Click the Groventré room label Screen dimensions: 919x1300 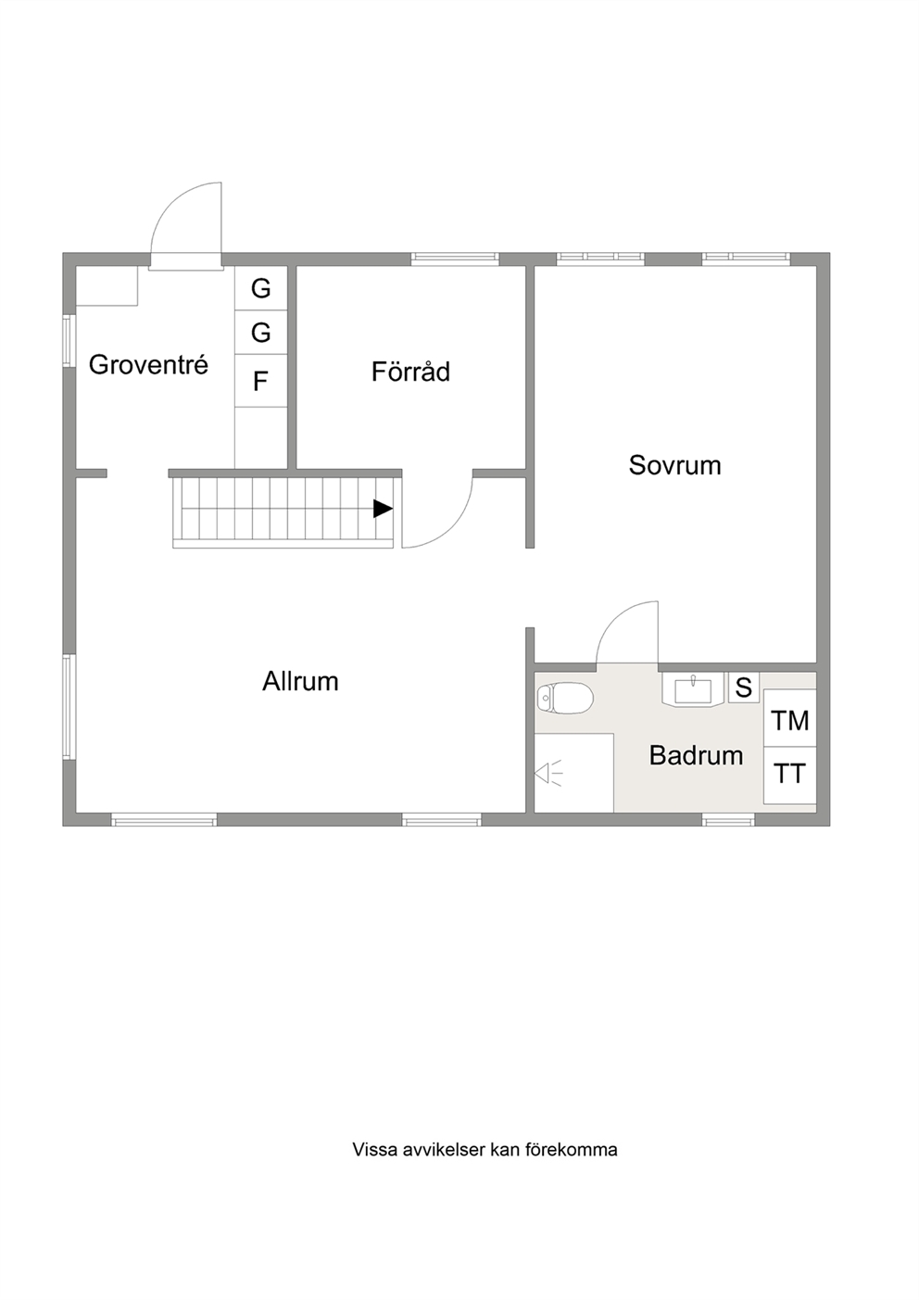point(148,365)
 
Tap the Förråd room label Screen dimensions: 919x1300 point(410,372)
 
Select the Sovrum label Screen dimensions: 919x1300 point(674,465)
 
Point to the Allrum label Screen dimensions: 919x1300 point(300,681)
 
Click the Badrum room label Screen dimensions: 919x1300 point(697,755)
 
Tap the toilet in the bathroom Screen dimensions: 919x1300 point(565,697)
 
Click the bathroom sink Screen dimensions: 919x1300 point(693,689)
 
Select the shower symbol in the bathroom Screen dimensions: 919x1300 point(548,774)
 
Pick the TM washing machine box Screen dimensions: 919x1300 point(789,718)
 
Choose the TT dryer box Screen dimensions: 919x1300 point(789,775)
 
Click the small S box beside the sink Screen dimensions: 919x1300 point(744,688)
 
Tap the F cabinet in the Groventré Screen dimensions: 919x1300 point(261,381)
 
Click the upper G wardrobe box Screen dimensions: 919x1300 point(261,288)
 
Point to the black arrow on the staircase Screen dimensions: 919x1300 point(383,509)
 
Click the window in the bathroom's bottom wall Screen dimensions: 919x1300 point(728,819)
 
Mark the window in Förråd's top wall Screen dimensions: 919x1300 point(456,259)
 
